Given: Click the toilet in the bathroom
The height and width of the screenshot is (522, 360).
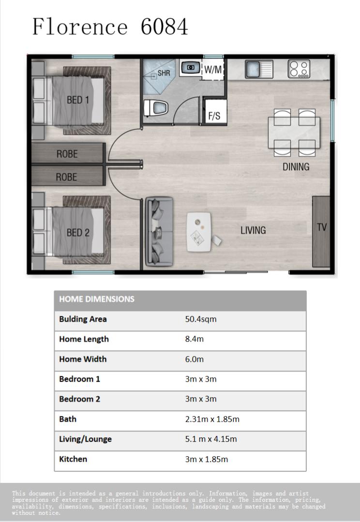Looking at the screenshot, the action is pyautogui.click(x=155, y=107).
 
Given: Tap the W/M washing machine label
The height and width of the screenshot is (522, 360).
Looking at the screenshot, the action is pyautogui.click(x=213, y=70).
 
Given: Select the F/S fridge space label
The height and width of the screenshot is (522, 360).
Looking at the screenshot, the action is pyautogui.click(x=214, y=116).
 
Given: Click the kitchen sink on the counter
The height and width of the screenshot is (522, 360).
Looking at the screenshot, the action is pyautogui.click(x=259, y=69).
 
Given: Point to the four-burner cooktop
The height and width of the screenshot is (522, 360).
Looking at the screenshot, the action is pyautogui.click(x=299, y=69).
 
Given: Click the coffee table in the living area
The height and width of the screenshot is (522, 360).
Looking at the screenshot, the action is pyautogui.click(x=199, y=232).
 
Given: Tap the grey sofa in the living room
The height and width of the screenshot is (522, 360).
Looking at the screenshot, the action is pyautogui.click(x=159, y=232).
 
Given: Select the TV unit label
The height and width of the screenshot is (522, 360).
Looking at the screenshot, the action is pyautogui.click(x=322, y=227).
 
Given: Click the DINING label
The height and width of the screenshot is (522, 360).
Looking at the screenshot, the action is pyautogui.click(x=296, y=166).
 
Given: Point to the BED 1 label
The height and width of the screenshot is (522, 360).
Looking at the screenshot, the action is pyautogui.click(x=78, y=100).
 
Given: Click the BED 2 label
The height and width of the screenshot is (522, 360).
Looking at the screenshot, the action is pyautogui.click(x=78, y=232).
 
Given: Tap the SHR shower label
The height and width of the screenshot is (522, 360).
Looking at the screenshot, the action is pyautogui.click(x=164, y=73).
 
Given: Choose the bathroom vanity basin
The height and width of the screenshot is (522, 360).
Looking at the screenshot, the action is pyautogui.click(x=191, y=68).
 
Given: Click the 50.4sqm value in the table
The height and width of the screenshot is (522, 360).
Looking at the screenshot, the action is pyautogui.click(x=201, y=319).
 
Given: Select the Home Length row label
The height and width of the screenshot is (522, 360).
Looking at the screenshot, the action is pyautogui.click(x=84, y=339).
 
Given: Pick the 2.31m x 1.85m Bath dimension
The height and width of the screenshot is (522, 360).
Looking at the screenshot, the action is pyautogui.click(x=212, y=419).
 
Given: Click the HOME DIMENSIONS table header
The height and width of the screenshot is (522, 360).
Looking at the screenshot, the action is pyautogui.click(x=97, y=299).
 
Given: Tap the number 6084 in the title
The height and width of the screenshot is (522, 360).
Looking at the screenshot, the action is pyautogui.click(x=164, y=27).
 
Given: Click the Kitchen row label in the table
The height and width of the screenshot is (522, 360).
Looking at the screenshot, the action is pyautogui.click(x=73, y=459).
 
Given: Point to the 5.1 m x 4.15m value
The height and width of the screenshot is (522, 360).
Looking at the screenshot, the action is pyautogui.click(x=211, y=439).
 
